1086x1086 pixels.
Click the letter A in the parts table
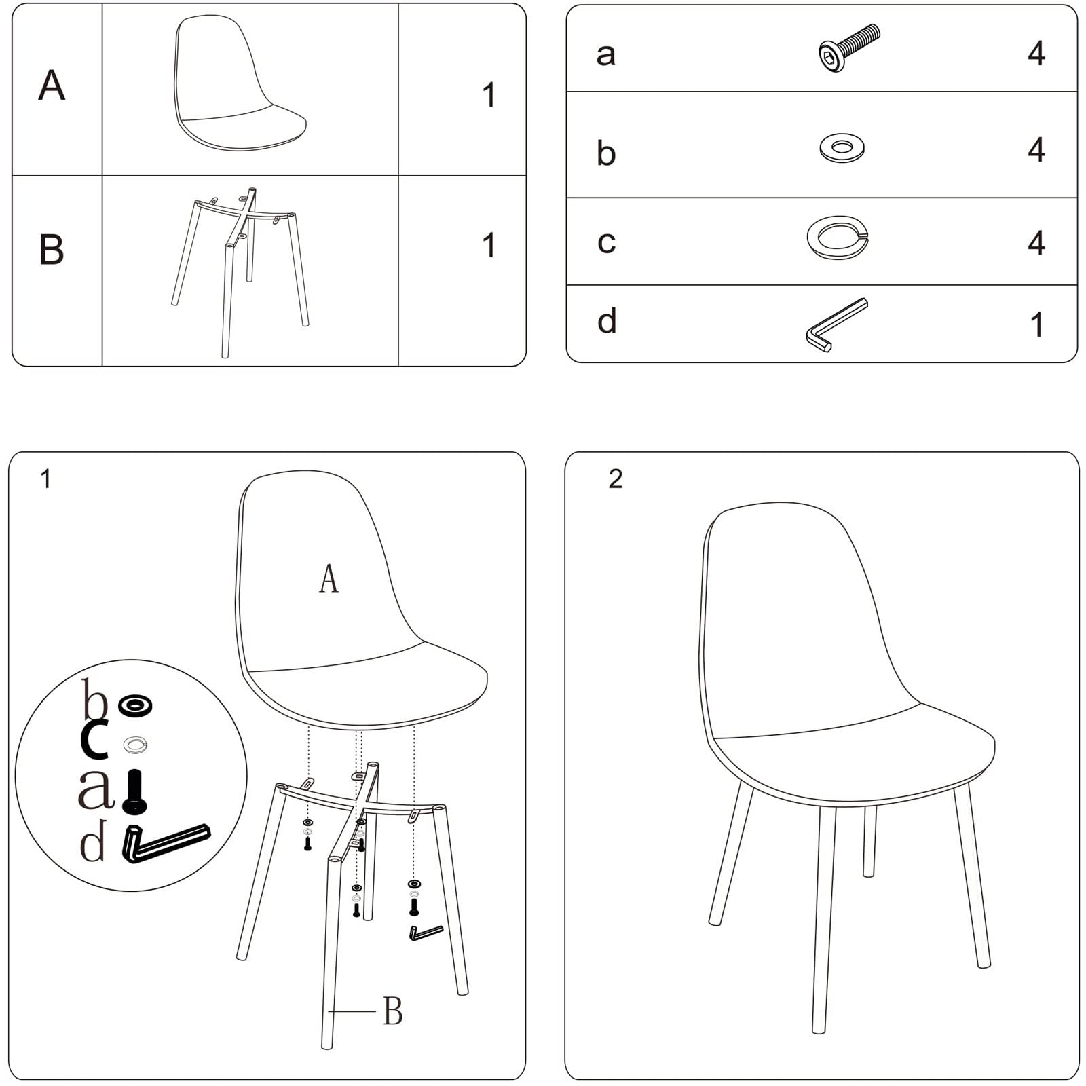point(52,86)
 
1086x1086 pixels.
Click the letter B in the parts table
point(52,249)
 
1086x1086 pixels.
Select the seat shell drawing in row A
point(240,83)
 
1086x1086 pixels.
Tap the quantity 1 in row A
point(489,95)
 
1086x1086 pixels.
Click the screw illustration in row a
point(849,48)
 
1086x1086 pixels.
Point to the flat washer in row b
point(842,147)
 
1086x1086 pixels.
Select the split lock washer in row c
point(838,238)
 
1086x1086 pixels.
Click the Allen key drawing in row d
point(837,324)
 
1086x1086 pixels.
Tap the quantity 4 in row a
point(1036,53)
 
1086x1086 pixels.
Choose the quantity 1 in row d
point(1036,324)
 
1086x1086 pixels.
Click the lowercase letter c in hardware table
point(606,242)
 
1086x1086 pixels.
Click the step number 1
point(45,479)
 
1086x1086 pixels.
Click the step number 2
point(616,479)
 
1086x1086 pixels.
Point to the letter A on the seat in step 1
point(329,579)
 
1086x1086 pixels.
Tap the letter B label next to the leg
point(393,1011)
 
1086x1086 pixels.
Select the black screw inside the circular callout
point(134,791)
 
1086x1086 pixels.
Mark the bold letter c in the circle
point(94,739)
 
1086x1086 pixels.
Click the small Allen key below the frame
point(426,933)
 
